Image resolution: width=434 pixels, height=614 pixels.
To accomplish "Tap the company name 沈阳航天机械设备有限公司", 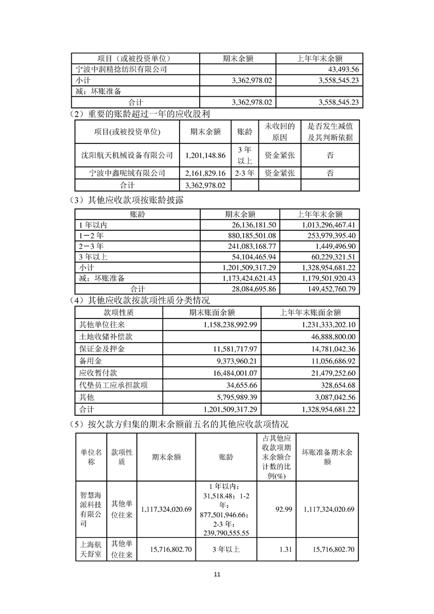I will coord(127,155).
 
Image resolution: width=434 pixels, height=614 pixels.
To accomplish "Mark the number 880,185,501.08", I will coord(249,235).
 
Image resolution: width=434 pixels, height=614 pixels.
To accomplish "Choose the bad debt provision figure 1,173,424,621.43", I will coord(248,278).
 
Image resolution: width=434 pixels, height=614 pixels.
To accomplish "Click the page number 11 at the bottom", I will coord(217,575).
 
